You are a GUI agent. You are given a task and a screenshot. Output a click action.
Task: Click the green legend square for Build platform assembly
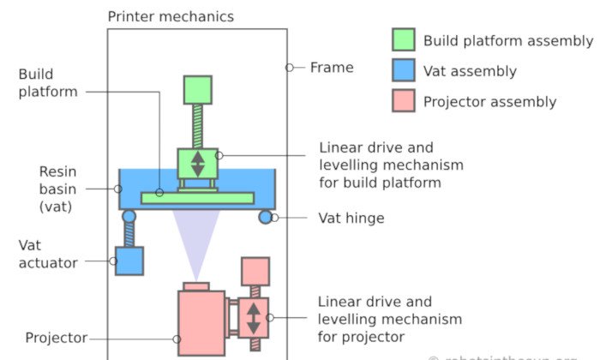click(x=404, y=40)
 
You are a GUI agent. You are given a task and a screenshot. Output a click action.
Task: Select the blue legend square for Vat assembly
click(x=404, y=71)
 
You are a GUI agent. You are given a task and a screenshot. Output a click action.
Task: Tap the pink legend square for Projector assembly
click(x=404, y=101)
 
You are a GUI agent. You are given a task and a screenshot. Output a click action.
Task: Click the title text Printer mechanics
click(x=171, y=16)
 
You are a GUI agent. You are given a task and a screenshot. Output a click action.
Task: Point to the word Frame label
click(x=332, y=67)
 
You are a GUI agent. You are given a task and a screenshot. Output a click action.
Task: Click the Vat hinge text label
click(x=351, y=219)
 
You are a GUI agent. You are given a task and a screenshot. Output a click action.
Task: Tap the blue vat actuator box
click(x=129, y=261)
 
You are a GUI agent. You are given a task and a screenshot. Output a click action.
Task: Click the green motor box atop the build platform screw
click(x=197, y=90)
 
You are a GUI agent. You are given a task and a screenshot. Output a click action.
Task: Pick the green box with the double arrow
click(x=198, y=163)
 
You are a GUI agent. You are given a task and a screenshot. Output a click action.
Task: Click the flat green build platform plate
click(x=197, y=198)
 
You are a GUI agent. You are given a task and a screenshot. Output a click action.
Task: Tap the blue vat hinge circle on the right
click(x=266, y=217)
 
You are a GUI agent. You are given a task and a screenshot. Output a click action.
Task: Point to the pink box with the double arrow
click(x=254, y=318)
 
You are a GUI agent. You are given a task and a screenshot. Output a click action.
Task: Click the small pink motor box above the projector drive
click(x=255, y=271)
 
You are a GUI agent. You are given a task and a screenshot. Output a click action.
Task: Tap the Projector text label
click(x=57, y=338)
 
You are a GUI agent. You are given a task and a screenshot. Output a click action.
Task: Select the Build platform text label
click(x=48, y=83)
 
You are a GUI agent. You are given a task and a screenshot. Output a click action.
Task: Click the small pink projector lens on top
click(x=196, y=285)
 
